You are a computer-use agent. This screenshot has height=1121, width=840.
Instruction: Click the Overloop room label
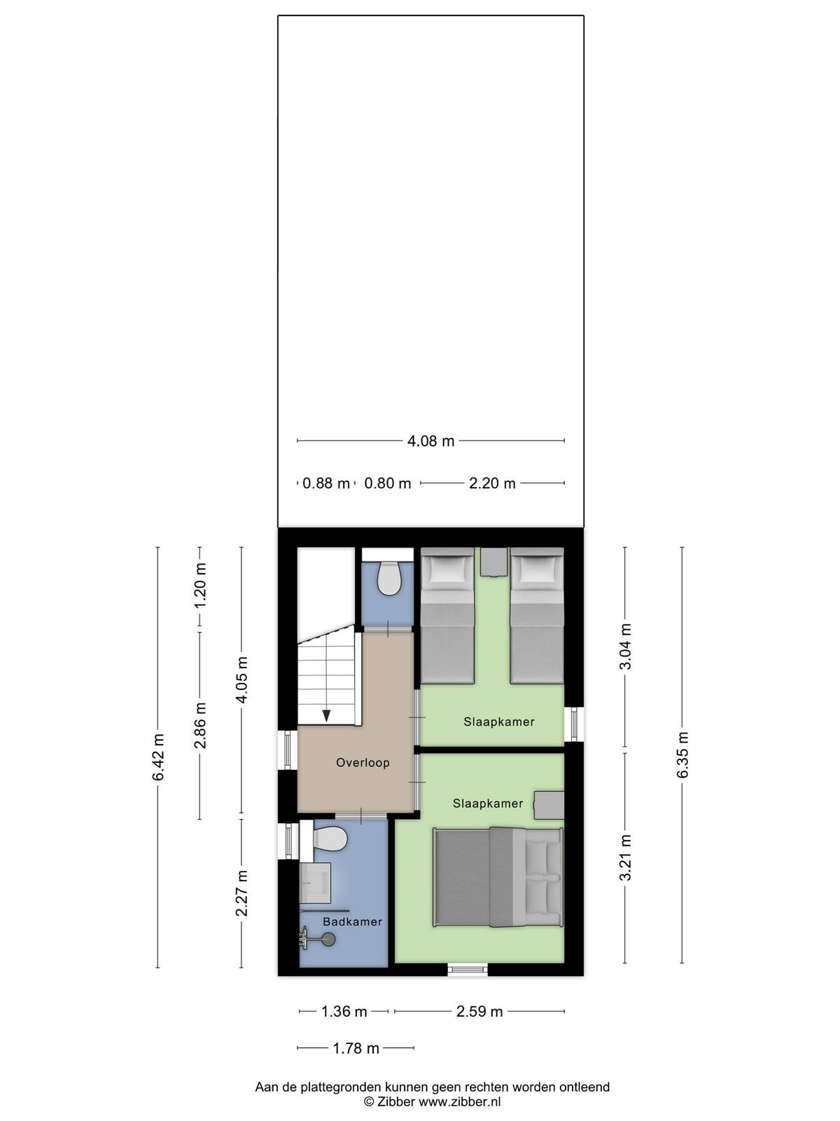(x=363, y=762)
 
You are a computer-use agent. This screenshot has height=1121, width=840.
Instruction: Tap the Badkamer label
(x=352, y=922)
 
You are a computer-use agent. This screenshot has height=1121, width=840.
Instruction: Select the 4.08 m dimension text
(x=430, y=441)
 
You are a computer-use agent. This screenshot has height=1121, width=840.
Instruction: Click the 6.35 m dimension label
(x=682, y=755)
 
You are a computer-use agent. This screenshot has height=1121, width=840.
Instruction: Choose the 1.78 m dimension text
(x=356, y=1048)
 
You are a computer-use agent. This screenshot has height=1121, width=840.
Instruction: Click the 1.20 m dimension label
(x=200, y=585)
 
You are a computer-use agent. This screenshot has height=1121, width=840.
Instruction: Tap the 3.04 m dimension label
(x=625, y=646)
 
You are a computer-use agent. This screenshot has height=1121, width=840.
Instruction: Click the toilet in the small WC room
(x=388, y=578)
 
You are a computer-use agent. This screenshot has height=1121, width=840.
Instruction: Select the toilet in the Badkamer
(x=330, y=839)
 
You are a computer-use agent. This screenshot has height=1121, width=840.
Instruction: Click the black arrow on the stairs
(x=326, y=716)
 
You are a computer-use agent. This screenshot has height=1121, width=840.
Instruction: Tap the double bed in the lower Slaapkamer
(x=498, y=877)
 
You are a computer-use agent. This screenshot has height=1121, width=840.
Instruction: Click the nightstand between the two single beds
(x=493, y=563)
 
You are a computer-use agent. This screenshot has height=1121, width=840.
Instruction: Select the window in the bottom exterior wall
(x=468, y=969)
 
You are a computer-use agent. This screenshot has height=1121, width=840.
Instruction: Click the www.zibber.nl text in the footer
(x=459, y=1098)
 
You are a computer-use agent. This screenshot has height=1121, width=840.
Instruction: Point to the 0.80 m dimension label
(x=387, y=483)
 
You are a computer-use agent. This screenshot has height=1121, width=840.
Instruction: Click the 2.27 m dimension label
(x=241, y=893)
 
